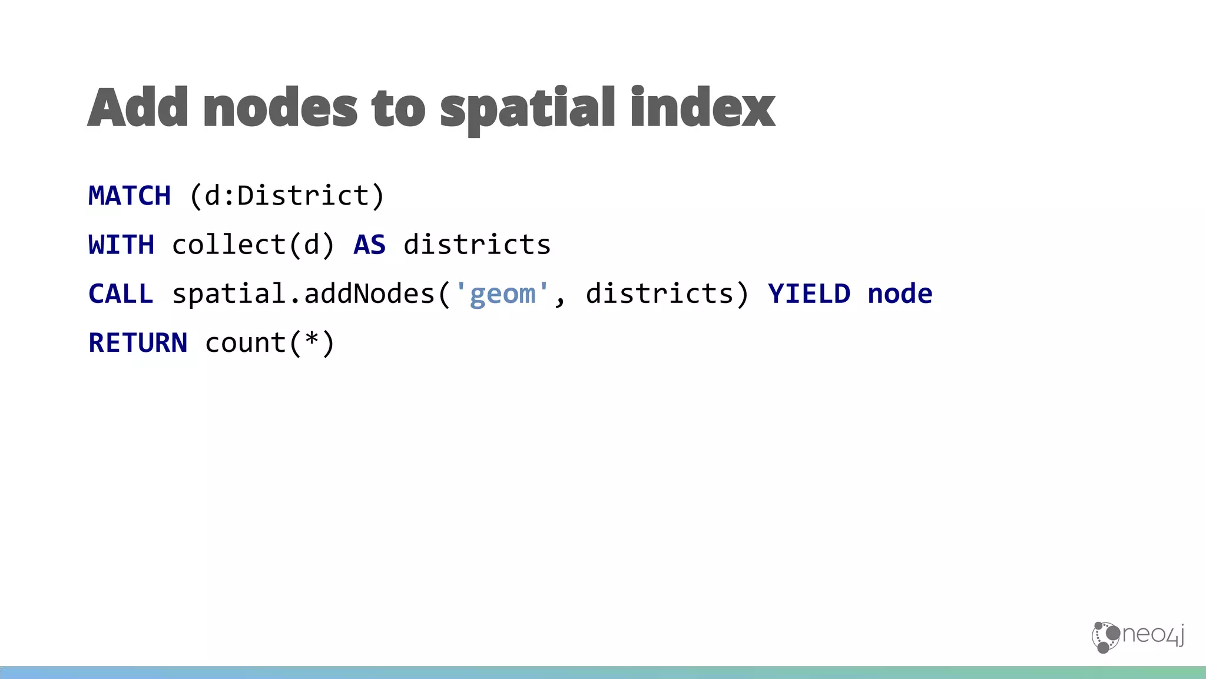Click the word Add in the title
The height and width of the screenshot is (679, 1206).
(x=138, y=107)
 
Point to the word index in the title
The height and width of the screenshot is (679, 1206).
(x=703, y=107)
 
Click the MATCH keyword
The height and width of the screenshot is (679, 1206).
(x=130, y=196)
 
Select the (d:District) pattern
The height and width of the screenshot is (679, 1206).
(x=287, y=196)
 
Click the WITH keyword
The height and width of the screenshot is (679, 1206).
(x=121, y=245)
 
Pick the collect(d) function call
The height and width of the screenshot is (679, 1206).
(x=253, y=245)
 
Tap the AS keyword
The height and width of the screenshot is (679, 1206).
(x=369, y=245)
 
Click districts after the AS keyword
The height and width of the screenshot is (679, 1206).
(x=477, y=245)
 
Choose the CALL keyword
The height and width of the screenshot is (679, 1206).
(x=121, y=294)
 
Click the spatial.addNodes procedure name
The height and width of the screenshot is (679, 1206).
(x=303, y=294)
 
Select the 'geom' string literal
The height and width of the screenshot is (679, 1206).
(x=502, y=294)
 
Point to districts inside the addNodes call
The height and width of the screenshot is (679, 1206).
(x=660, y=294)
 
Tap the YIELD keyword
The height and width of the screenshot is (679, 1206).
(x=809, y=294)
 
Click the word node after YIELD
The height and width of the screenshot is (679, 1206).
(x=900, y=294)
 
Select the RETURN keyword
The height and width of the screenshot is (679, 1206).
(x=138, y=342)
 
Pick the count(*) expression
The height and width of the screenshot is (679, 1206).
(x=270, y=342)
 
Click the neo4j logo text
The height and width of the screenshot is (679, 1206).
(x=1153, y=635)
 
